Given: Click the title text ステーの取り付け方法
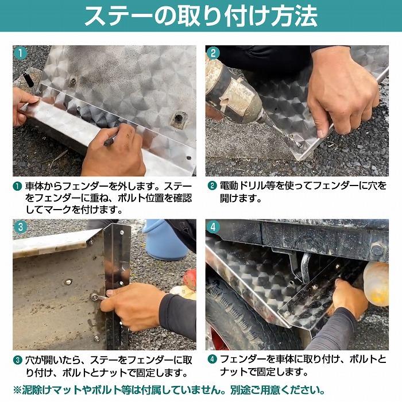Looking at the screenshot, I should [x=200, y=16].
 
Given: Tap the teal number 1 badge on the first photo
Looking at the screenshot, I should [x=21, y=53].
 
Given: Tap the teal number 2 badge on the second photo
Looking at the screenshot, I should [x=214, y=54].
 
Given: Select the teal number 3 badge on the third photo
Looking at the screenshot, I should [x=21, y=227].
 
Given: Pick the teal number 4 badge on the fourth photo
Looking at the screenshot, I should [x=214, y=227].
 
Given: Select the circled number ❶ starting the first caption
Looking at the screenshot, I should [x=18, y=187].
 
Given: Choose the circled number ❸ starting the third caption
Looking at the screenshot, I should [x=18, y=361].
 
